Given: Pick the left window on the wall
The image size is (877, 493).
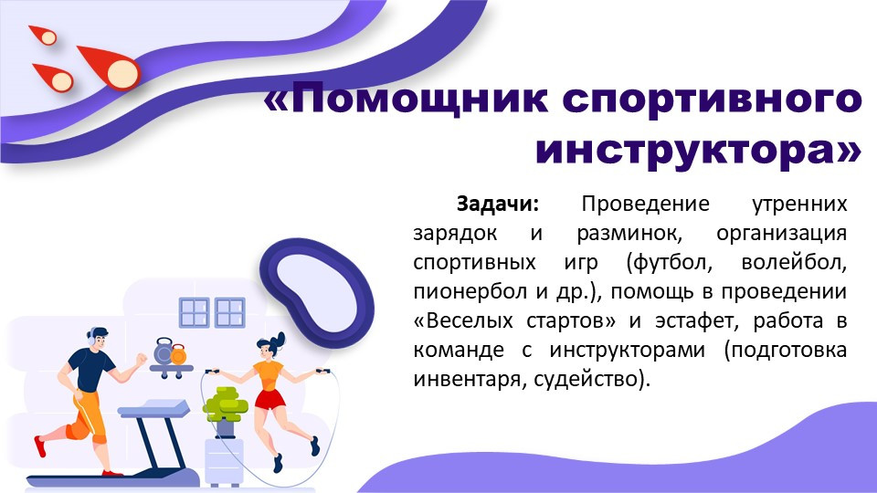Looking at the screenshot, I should point(194,313).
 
